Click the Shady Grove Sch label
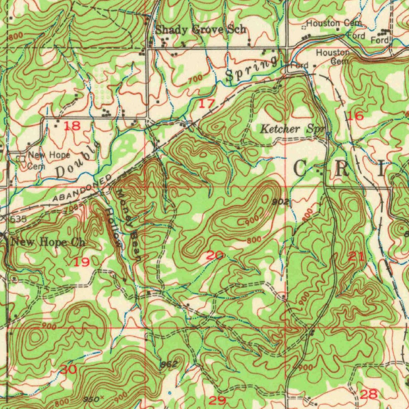coord(201,30)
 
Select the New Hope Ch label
coord(48,242)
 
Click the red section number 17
coord(207,104)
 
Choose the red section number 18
coord(72,126)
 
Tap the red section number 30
coord(68,369)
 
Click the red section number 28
coord(369,395)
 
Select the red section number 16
coord(355,116)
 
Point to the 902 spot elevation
coord(280,202)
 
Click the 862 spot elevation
coord(168,364)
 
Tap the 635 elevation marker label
coord(18,219)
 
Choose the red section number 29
coord(218,400)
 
